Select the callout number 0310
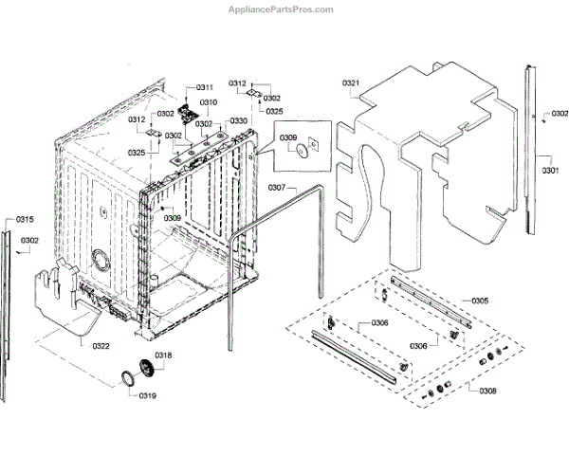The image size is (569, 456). pos(208,102)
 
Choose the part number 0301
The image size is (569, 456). pos(550,170)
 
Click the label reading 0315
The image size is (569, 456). pos(25,219)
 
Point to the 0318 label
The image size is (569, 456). pos(164,356)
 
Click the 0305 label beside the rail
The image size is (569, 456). pos(480,301)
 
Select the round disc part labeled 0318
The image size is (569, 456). pos(145,367)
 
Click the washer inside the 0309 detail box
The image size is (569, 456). pos(301,148)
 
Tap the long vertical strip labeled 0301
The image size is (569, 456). pos(529,142)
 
